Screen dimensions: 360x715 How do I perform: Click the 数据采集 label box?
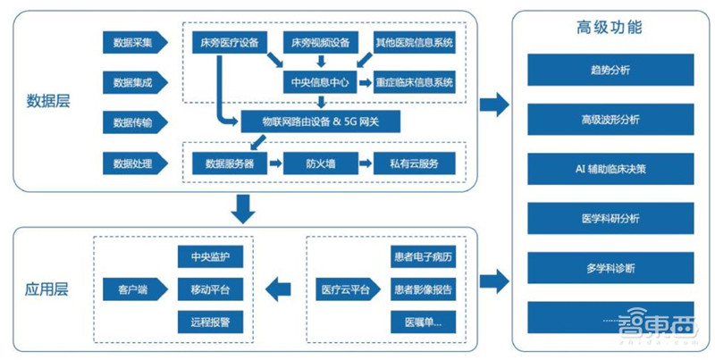pos(132,42)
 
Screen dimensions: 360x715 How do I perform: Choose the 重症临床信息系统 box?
pos(415,81)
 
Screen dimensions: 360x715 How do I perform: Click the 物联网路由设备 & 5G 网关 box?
pos(320,121)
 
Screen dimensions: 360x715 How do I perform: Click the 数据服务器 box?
pos(229,163)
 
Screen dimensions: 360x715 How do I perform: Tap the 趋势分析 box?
pos(609,69)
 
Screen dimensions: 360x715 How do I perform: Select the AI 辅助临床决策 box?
pos(609,168)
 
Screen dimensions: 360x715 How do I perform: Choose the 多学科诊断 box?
pos(609,266)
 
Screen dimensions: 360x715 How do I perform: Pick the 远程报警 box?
pos(210,320)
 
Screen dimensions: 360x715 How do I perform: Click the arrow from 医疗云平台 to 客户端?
pos(280,289)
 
